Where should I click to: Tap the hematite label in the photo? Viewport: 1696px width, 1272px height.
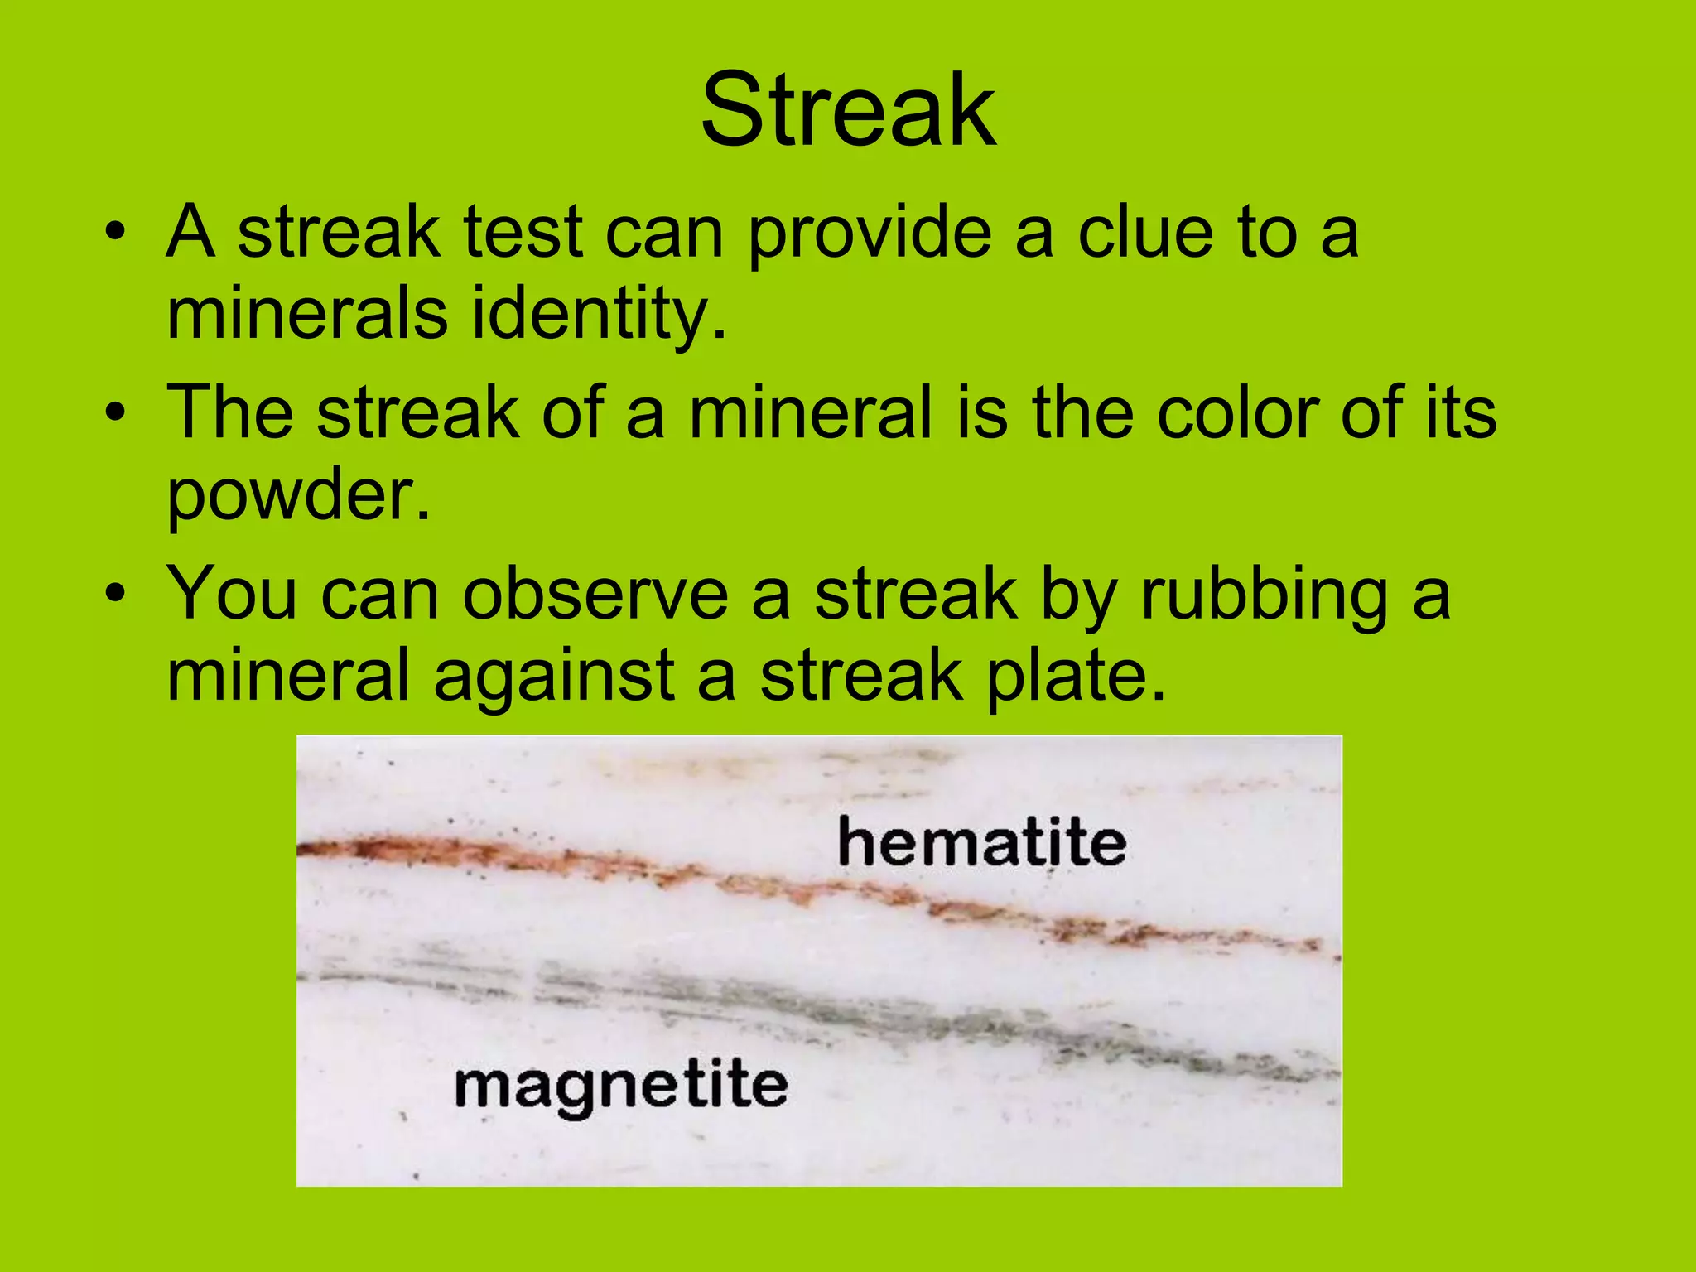coord(981,843)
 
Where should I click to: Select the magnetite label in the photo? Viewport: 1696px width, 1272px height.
coord(621,1086)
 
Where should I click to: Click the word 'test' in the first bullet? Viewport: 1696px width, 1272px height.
coord(523,233)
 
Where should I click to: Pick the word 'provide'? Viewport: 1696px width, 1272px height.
coord(870,234)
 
